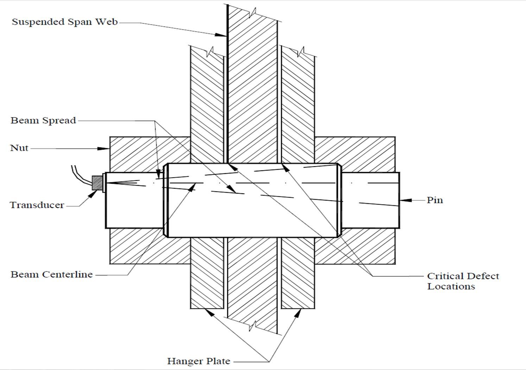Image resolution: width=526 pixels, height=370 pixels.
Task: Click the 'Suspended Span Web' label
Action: tap(65, 22)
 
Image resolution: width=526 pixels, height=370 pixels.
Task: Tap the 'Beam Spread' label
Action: tap(43, 120)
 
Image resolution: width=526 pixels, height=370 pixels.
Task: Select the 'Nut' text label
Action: tap(19, 148)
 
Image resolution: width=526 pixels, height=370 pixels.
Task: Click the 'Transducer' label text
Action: tap(37, 205)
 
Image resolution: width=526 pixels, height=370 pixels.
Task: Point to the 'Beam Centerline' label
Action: tap(52, 275)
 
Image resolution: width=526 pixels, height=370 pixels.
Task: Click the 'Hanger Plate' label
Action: tap(198, 361)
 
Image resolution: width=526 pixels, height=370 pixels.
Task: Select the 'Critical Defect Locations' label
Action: tap(462, 281)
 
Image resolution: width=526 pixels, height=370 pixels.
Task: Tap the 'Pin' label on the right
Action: tap(435, 200)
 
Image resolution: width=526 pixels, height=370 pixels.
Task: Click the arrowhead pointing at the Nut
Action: tap(104, 149)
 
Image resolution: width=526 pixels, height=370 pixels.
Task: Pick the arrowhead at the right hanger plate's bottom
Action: tap(298, 313)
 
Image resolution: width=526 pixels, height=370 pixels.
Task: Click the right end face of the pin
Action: tap(399, 200)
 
